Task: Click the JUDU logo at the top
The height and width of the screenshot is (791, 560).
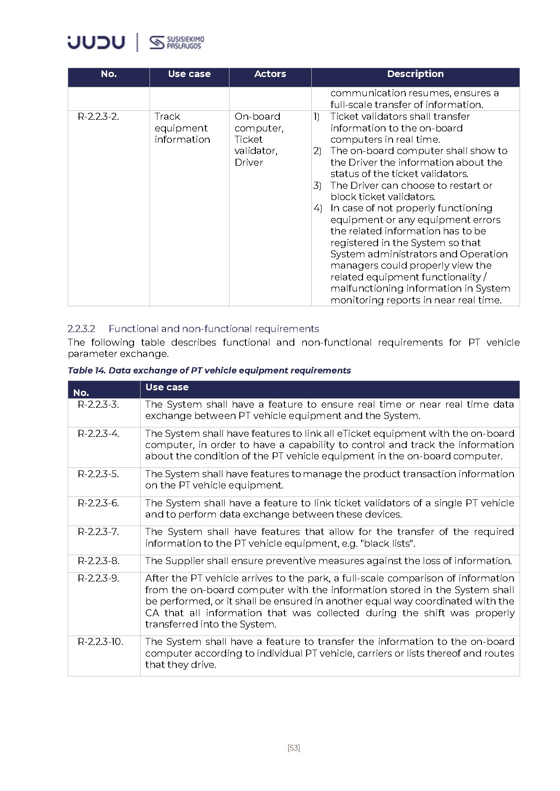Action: click(96, 42)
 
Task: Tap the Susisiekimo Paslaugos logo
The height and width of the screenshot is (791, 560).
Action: click(177, 43)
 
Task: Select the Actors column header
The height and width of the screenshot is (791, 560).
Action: click(270, 74)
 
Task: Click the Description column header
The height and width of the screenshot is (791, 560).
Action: click(415, 74)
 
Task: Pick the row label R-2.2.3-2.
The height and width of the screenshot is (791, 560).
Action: click(98, 116)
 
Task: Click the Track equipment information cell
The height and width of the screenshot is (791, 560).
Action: click(182, 128)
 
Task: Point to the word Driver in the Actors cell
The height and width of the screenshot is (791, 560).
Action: click(249, 163)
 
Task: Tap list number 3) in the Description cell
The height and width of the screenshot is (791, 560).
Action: click(317, 186)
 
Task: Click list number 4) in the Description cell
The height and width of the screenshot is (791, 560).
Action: click(318, 208)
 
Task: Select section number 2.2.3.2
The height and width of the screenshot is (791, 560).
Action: click(81, 329)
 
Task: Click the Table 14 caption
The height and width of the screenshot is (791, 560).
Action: click(209, 370)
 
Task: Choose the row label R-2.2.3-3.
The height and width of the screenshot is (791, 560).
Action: click(98, 404)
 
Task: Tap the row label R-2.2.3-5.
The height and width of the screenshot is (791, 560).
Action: click(98, 474)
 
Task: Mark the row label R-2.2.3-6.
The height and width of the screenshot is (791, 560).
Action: click(98, 503)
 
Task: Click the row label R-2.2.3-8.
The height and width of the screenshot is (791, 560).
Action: click(98, 561)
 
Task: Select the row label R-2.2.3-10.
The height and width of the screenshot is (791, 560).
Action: click(100, 642)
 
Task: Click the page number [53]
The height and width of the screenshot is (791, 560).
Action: click(293, 748)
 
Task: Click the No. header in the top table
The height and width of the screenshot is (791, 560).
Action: click(109, 74)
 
